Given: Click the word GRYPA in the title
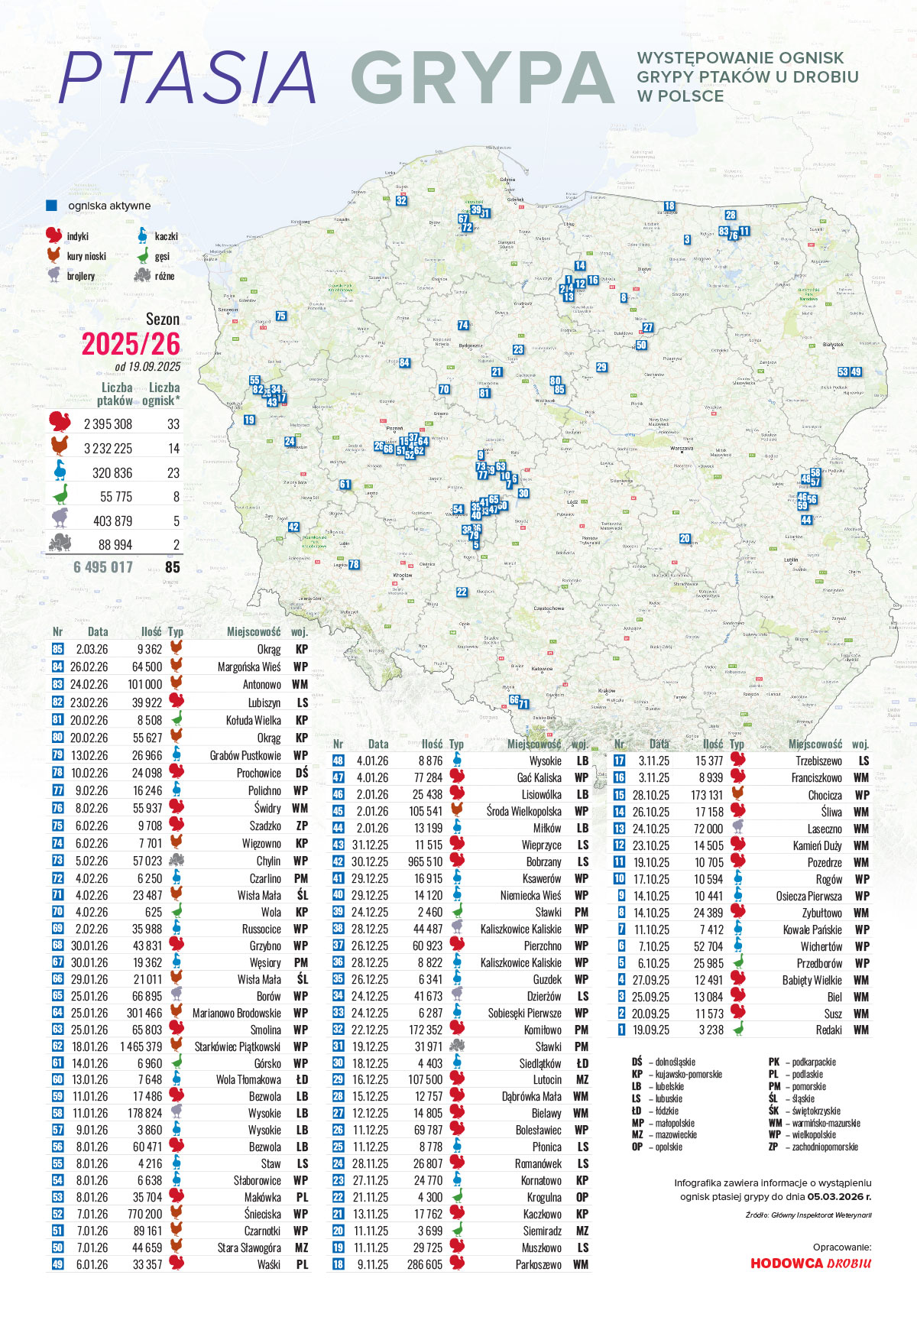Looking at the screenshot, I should (x=483, y=78).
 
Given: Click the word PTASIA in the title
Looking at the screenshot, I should (x=188, y=78).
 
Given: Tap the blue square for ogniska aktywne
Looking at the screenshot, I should (x=52, y=206).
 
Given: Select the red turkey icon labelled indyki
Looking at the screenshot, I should (x=53, y=235).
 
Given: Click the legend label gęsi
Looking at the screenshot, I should (x=162, y=257).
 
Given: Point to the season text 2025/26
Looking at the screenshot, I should (x=131, y=344).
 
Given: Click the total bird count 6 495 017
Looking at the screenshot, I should (x=103, y=567).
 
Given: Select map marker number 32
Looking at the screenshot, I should (x=401, y=201).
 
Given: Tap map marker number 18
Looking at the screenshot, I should (x=669, y=206).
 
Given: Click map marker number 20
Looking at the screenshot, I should (x=685, y=538).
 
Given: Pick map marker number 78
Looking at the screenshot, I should (x=354, y=565).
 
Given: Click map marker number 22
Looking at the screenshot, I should (x=462, y=592).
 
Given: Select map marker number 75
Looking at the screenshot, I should (x=281, y=316).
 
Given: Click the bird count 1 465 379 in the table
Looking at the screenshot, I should (x=141, y=1046).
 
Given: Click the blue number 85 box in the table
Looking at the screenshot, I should (x=57, y=649).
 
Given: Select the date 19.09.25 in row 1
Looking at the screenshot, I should (x=650, y=1030).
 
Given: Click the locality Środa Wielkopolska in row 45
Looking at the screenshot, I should (x=524, y=811).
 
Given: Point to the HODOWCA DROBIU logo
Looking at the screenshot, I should (x=810, y=1263).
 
